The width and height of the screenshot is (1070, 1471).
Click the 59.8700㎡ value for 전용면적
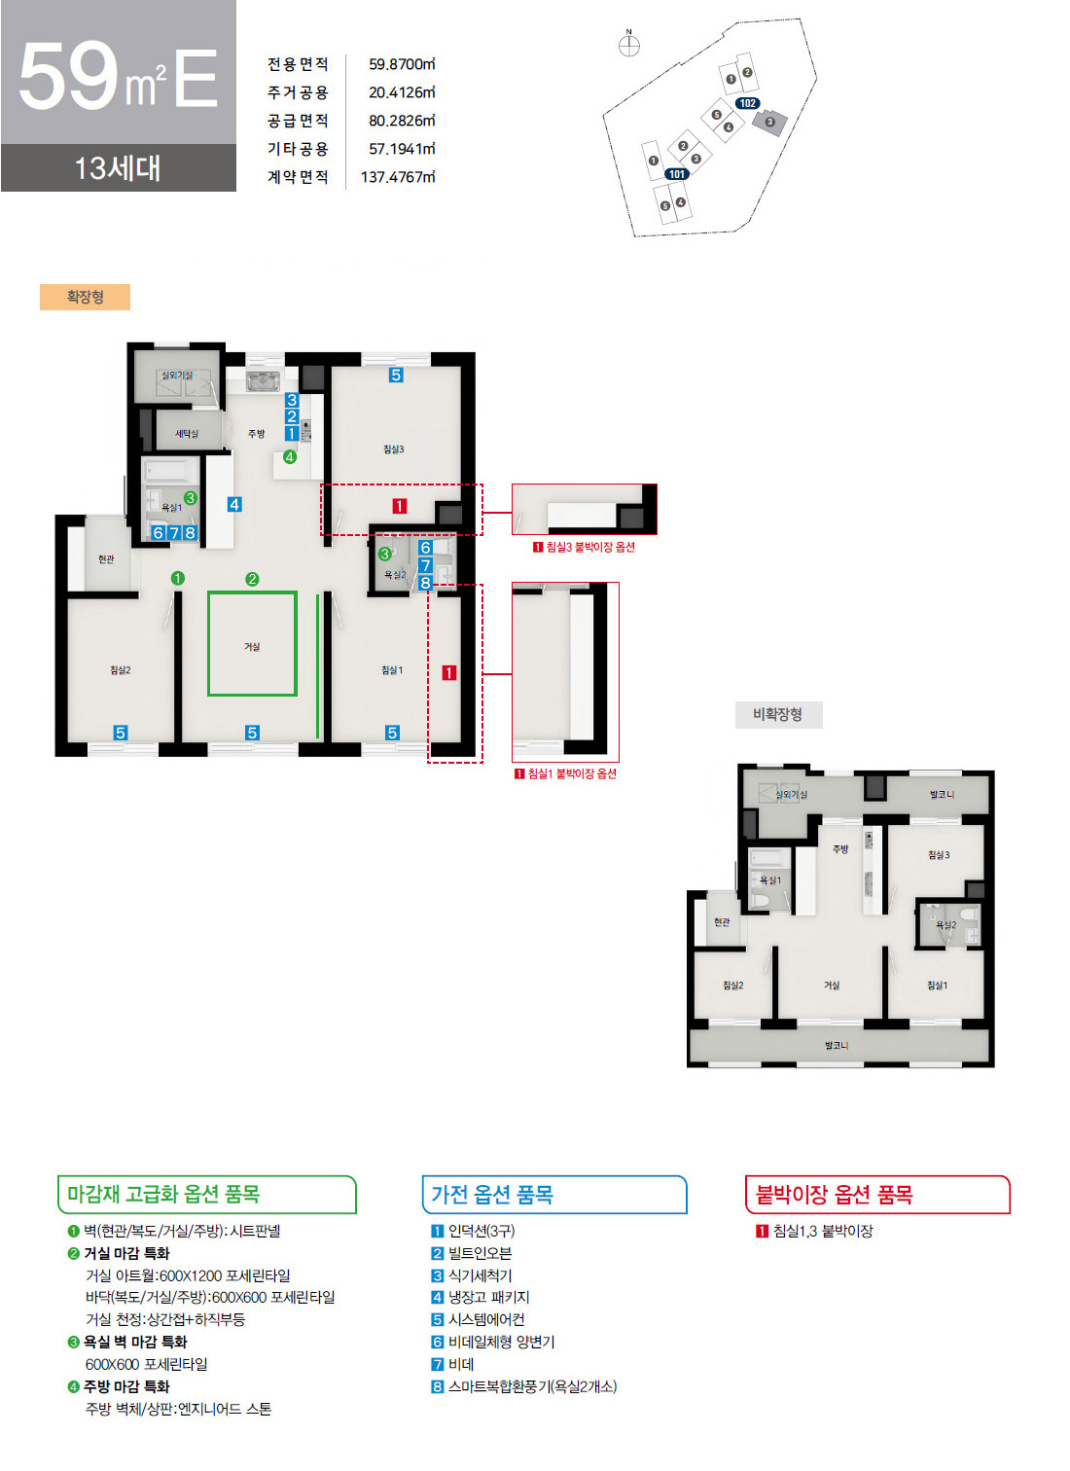pyautogui.click(x=402, y=64)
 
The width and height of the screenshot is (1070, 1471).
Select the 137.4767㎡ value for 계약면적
pyautogui.click(x=398, y=177)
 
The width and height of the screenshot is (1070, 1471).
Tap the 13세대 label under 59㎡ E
pyautogui.click(x=118, y=168)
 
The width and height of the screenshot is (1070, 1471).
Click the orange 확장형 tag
pyautogui.click(x=85, y=297)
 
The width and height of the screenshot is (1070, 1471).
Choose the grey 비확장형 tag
pyautogui.click(x=777, y=714)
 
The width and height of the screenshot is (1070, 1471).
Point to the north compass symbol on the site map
pyautogui.click(x=629, y=45)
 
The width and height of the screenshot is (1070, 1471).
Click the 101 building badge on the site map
pyautogui.click(x=677, y=174)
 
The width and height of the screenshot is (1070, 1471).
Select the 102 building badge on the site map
pyautogui.click(x=747, y=103)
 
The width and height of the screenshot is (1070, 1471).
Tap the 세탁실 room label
pyautogui.click(x=186, y=433)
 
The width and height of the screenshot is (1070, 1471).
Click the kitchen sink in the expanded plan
pyautogui.click(x=263, y=380)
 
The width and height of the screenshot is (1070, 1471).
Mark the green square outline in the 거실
pyautogui.click(x=252, y=644)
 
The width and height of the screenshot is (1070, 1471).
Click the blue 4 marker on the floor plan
pyautogui.click(x=234, y=504)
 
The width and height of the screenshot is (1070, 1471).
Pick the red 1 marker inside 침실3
pyautogui.click(x=399, y=506)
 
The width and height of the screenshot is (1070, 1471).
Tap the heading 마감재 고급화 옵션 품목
pyautogui.click(x=163, y=1194)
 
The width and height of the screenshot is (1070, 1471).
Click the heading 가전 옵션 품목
pyautogui.click(x=492, y=1194)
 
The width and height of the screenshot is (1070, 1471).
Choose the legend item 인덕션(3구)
pyautogui.click(x=481, y=1231)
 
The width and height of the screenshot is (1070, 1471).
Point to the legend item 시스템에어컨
pyautogui.click(x=485, y=1319)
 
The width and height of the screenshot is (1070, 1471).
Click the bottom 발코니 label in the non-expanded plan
pyautogui.click(x=836, y=1045)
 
